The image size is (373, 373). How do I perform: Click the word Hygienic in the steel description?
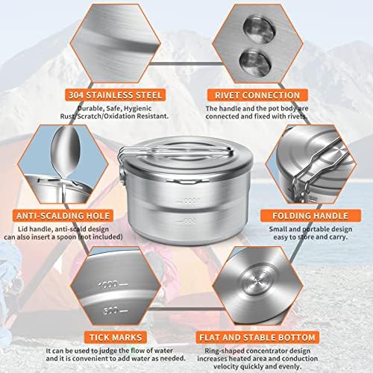click(x=146, y=108)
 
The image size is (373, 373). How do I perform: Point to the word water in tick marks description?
click(x=161, y=351)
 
